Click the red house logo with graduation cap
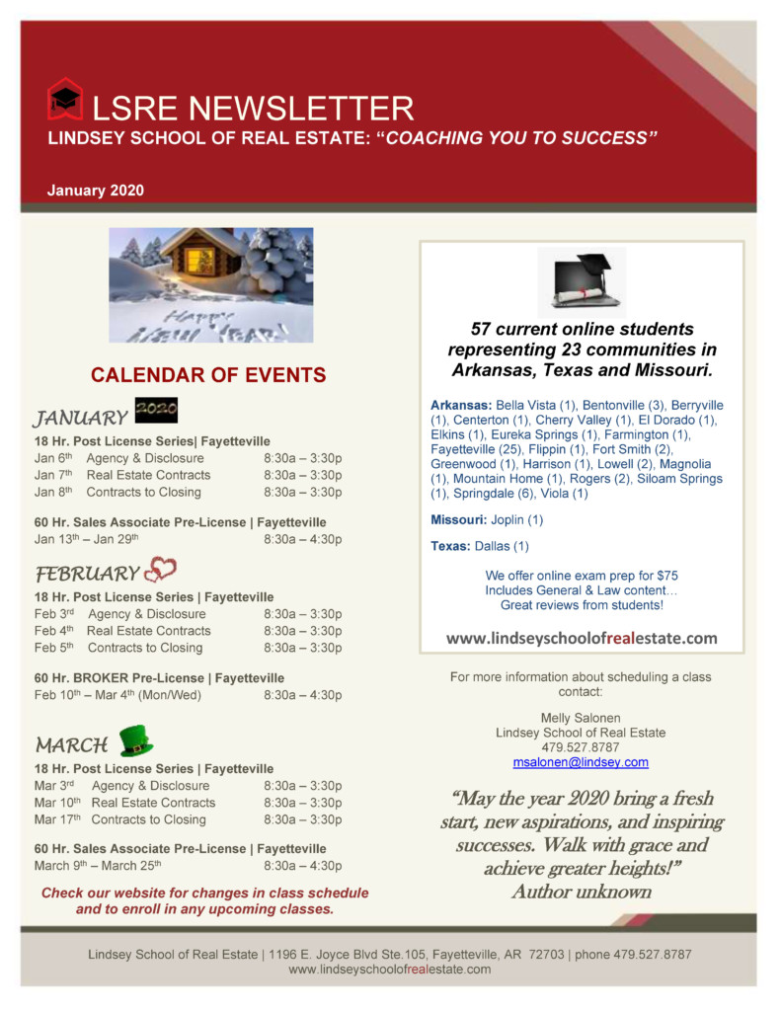(65, 100)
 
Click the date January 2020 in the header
(96, 191)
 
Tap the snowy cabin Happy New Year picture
(210, 285)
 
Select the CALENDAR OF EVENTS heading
(208, 375)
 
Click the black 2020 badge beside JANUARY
(156, 412)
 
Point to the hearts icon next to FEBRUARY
(160, 571)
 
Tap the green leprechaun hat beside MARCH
(135, 740)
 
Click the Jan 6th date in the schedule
(53, 458)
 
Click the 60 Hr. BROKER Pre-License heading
(159, 678)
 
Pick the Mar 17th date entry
(57, 819)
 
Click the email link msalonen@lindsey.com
(581, 763)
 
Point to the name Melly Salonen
(581, 718)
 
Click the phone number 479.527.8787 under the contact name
(581, 747)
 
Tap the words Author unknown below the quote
(581, 892)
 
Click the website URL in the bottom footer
(389, 970)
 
